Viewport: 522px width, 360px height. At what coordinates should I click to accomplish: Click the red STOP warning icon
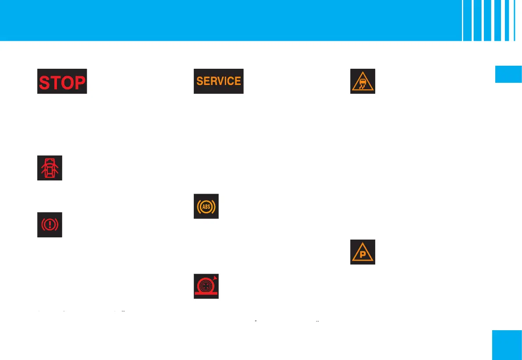(62, 81)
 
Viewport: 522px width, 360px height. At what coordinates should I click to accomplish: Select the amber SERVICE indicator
(218, 81)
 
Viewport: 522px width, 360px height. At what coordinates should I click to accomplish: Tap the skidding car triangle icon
(362, 81)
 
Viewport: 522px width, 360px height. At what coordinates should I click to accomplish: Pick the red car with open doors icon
(50, 167)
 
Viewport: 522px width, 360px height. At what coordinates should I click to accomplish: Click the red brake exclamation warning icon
(50, 225)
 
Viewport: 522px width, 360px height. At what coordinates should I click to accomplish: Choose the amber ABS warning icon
(206, 206)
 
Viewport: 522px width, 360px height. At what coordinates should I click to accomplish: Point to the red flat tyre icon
(206, 286)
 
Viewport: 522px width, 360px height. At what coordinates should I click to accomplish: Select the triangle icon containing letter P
(362, 252)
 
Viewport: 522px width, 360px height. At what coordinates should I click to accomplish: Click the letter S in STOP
(44, 82)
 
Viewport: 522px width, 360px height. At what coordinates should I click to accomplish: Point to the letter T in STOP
(56, 82)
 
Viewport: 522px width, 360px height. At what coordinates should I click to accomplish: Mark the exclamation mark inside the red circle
(50, 225)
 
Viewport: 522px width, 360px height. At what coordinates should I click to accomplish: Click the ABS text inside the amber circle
(206, 206)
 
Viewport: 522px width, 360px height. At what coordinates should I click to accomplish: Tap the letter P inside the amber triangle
(362, 255)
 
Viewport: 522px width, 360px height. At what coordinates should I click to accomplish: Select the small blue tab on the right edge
(508, 74)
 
